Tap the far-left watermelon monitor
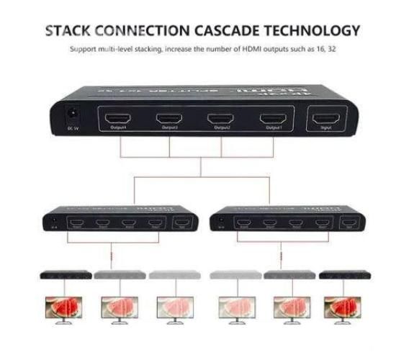coord(63,307)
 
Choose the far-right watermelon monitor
coord(344,307)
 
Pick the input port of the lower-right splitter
coord(351,223)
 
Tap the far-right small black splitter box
coord(344,275)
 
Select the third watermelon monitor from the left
coord(176,307)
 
